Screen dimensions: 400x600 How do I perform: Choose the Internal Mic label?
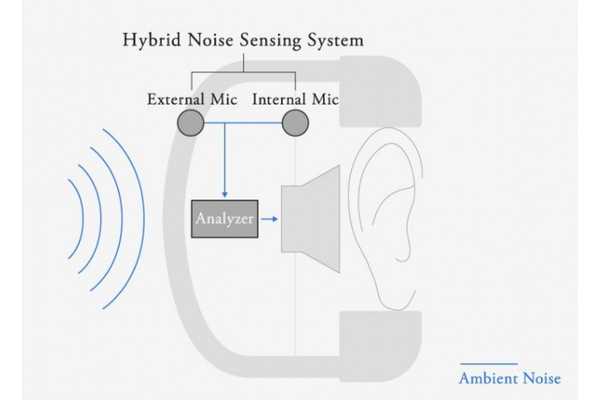295,99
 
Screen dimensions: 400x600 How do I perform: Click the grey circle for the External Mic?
190,122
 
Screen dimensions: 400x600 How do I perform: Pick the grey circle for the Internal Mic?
295,122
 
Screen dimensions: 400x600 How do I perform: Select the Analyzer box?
224,218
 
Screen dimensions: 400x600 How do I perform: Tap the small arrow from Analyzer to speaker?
269,218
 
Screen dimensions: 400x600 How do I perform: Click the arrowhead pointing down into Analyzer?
224,194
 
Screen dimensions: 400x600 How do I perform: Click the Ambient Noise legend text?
509,378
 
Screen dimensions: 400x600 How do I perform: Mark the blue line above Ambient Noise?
488,363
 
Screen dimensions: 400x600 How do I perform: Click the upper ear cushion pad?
380,92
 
